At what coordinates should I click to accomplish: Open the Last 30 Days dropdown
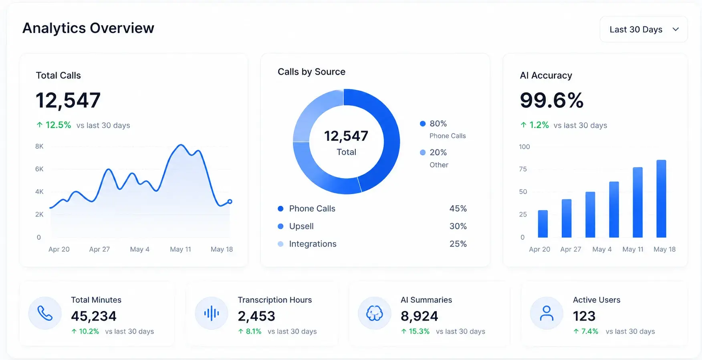pyautogui.click(x=643, y=29)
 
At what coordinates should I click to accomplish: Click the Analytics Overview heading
pyautogui.click(x=88, y=28)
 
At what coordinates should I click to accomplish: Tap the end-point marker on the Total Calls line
pyautogui.click(x=230, y=202)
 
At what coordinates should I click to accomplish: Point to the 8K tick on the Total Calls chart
pyautogui.click(x=39, y=146)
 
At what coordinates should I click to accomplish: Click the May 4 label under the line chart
pyautogui.click(x=139, y=249)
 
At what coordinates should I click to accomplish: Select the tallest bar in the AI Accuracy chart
pyautogui.click(x=661, y=199)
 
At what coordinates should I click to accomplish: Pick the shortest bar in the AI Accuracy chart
pyautogui.click(x=543, y=224)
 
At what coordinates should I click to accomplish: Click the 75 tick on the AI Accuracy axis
pyautogui.click(x=523, y=169)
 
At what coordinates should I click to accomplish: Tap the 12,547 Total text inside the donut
pyautogui.click(x=346, y=142)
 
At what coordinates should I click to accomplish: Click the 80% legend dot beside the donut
pyautogui.click(x=422, y=123)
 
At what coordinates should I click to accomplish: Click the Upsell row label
pyautogui.click(x=301, y=226)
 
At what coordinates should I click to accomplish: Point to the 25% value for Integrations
pyautogui.click(x=458, y=244)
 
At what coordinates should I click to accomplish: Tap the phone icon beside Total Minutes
pyautogui.click(x=45, y=313)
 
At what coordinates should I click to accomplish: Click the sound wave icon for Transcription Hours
pyautogui.click(x=212, y=313)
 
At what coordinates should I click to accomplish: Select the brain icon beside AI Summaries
pyautogui.click(x=375, y=313)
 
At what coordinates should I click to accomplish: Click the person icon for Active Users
pyautogui.click(x=547, y=313)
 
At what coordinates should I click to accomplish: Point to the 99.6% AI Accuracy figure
pyautogui.click(x=552, y=100)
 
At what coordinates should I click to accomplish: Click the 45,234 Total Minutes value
pyautogui.click(x=94, y=316)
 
